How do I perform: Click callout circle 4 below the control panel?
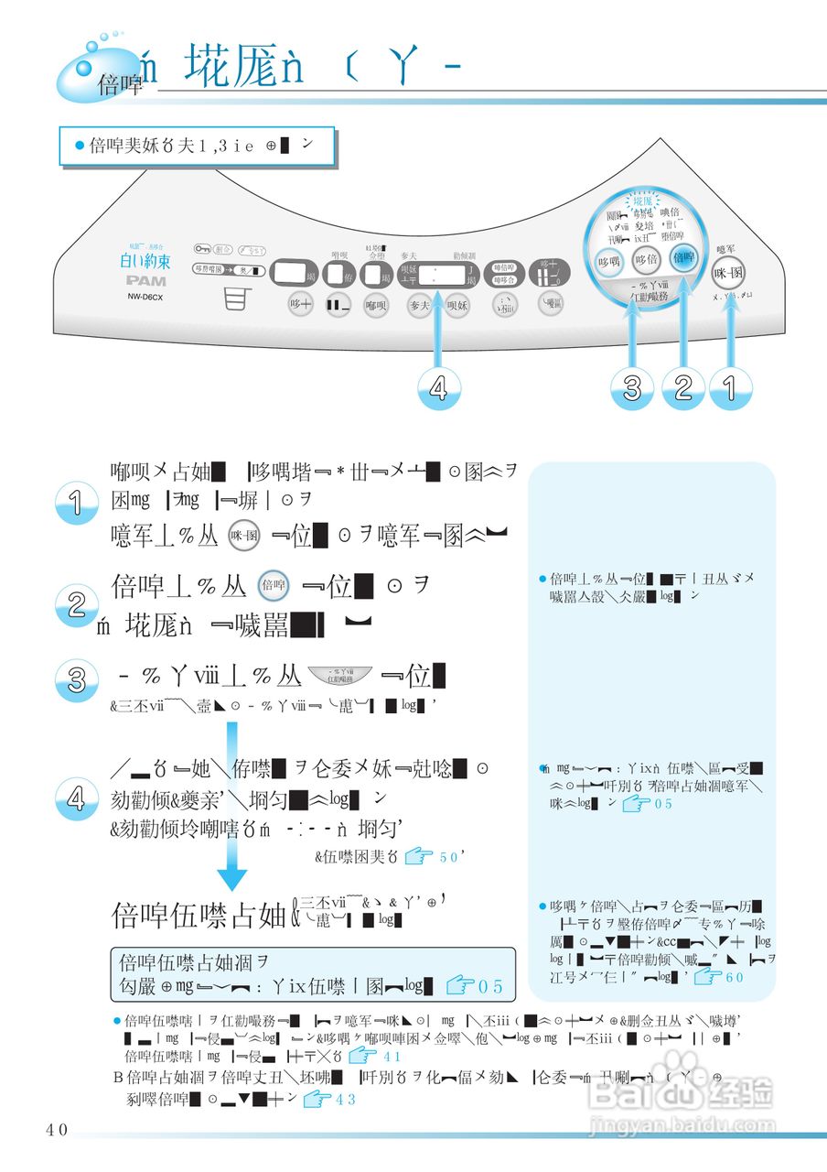438,388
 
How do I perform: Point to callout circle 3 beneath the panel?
632,388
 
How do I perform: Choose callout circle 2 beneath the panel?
682,388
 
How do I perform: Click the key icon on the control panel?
202,249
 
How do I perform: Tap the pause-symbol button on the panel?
339,305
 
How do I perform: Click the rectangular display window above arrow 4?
435,272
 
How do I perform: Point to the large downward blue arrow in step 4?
231,806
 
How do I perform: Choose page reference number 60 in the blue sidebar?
734,977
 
